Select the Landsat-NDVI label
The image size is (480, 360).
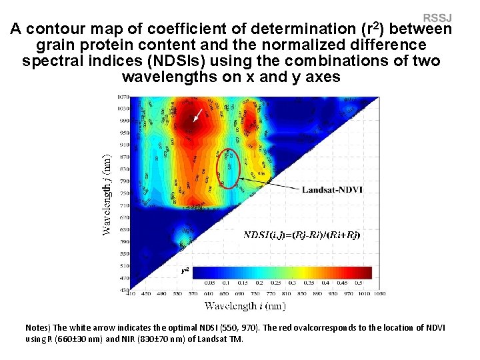coord(332,189)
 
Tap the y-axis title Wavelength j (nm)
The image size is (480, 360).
coord(107,194)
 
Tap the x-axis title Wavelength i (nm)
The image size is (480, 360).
coord(245,306)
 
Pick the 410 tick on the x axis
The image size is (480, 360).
coord(131,293)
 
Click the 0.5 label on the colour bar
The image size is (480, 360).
coord(359,283)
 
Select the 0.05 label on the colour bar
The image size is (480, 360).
coord(209,283)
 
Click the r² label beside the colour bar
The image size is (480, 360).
coord(186,270)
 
